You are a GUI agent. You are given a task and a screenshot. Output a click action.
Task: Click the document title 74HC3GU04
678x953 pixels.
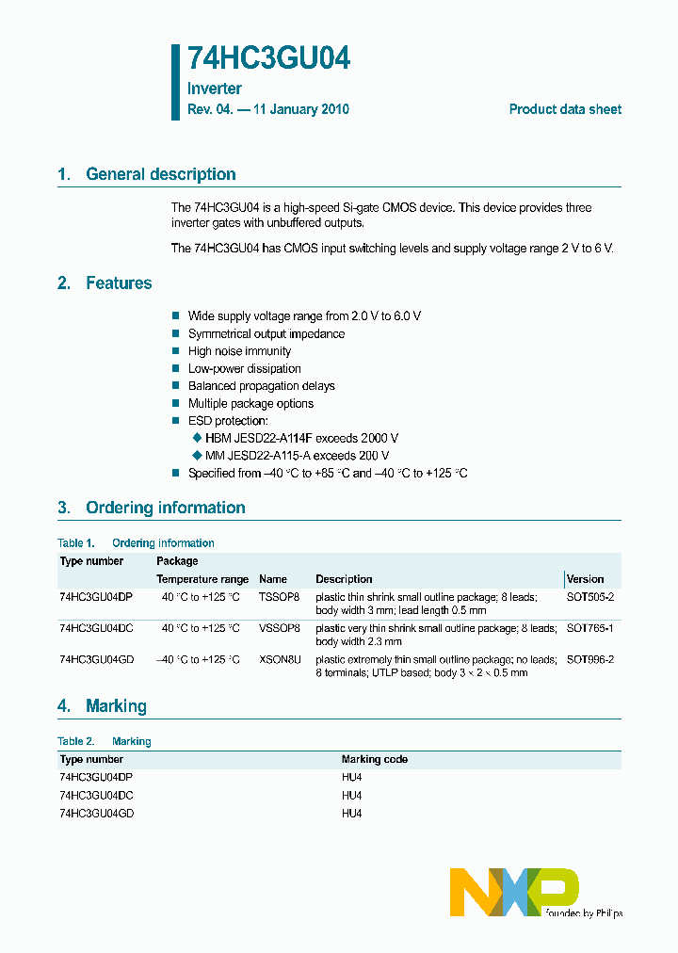(x=268, y=58)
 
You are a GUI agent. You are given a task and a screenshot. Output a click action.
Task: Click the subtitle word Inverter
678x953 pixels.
(x=215, y=89)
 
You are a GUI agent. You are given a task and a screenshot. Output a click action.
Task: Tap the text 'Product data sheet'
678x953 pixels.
(x=565, y=109)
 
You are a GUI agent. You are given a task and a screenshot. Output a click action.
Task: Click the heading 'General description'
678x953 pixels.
(x=160, y=174)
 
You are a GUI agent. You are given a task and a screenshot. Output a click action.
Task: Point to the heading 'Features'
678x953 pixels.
(x=119, y=283)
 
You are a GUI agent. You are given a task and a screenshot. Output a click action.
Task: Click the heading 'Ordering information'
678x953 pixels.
(x=165, y=508)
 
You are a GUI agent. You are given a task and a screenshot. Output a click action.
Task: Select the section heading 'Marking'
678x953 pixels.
(x=116, y=706)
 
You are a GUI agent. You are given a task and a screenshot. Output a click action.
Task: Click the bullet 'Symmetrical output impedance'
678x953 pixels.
(x=266, y=334)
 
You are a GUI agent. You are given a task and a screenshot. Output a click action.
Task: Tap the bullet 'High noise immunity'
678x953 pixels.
(x=239, y=351)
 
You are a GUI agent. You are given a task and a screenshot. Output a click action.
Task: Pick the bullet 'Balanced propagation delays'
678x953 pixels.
(x=261, y=386)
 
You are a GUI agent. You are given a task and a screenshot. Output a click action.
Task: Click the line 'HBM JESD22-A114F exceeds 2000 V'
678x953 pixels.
(x=301, y=438)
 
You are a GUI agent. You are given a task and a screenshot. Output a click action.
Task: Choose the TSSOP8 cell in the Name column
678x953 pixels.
(x=279, y=597)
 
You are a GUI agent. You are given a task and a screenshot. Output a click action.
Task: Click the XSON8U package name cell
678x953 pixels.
(x=280, y=660)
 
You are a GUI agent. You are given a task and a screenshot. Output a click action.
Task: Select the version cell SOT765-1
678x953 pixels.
(x=589, y=628)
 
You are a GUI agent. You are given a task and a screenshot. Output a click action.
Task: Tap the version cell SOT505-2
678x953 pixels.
(x=589, y=597)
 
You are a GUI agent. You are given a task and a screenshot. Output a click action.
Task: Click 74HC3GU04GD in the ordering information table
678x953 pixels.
(x=96, y=660)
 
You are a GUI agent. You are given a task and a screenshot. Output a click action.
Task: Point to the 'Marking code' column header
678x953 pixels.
(x=374, y=759)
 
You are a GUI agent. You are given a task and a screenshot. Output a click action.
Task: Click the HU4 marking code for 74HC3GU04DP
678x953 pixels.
(x=351, y=778)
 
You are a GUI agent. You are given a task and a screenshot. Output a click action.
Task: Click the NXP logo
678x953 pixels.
(x=513, y=892)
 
